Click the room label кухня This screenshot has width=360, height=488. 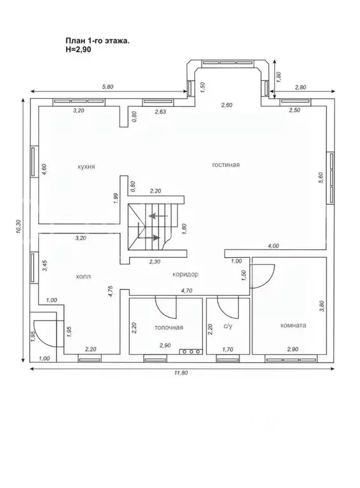[87, 167]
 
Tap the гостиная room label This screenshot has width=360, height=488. [226, 165]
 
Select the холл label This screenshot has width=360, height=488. [83, 276]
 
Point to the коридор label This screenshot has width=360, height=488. [185, 274]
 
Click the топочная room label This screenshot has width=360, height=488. [169, 328]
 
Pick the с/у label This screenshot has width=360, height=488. [228, 326]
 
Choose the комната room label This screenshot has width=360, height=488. [293, 326]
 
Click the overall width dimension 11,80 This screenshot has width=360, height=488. [181, 373]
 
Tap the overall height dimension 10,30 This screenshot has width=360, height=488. [18, 227]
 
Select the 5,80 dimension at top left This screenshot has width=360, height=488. [107, 87]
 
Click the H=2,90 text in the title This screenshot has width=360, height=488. [78, 49]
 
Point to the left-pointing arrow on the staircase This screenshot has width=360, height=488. [158, 216]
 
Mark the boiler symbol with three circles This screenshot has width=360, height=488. [190, 352]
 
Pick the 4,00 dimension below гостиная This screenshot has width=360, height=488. [273, 246]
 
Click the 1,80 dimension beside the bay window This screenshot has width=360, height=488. [279, 77]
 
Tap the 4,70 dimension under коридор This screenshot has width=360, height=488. [187, 291]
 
